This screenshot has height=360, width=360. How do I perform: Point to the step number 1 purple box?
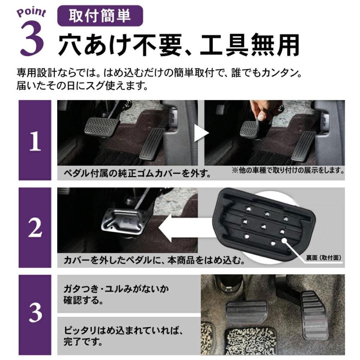coord(35,140)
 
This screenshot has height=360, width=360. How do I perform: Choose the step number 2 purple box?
coord(35,228)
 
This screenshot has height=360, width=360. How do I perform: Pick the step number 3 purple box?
coord(35,314)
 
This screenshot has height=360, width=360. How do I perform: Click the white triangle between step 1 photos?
coord(201,134)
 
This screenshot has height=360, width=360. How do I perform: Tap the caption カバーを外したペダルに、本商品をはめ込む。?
coord(154,261)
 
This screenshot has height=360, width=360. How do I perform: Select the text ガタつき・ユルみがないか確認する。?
coord(116,295)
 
